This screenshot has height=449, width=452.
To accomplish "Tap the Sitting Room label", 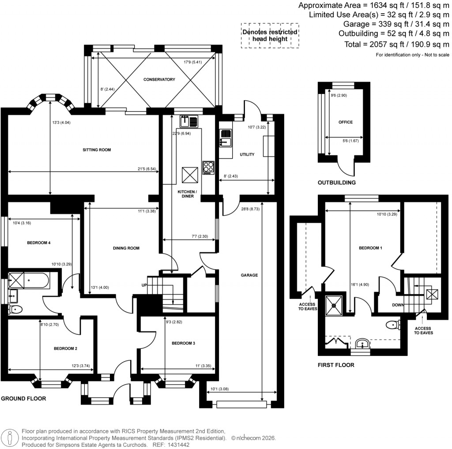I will point(97,150).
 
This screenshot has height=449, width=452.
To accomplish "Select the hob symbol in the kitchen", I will point(208,168).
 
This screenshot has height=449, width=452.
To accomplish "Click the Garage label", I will point(249,275).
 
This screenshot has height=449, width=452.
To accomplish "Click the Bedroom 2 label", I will point(65,348).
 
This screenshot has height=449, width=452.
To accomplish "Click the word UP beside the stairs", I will point(144,285).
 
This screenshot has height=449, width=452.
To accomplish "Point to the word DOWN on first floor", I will point(399,305).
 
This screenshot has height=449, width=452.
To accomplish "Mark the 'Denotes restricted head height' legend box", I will point(269,35).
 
